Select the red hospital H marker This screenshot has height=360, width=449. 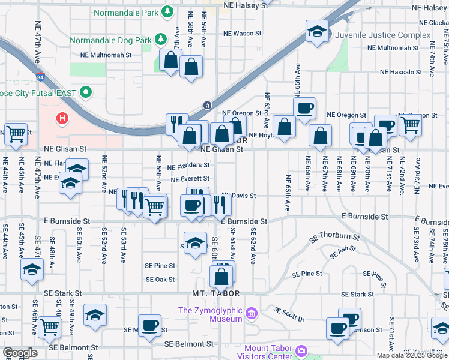(62, 119)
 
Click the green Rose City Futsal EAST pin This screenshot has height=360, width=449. (85, 92)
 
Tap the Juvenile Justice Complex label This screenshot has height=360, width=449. (384, 35)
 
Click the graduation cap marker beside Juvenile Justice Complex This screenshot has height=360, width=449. (316, 32)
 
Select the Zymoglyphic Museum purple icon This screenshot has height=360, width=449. (251, 313)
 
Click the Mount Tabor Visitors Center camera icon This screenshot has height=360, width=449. (301, 350)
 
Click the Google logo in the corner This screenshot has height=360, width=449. (20, 353)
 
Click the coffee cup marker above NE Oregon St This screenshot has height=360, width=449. (304, 109)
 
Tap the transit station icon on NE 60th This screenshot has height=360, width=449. (207, 106)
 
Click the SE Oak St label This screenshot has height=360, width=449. (160, 280)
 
